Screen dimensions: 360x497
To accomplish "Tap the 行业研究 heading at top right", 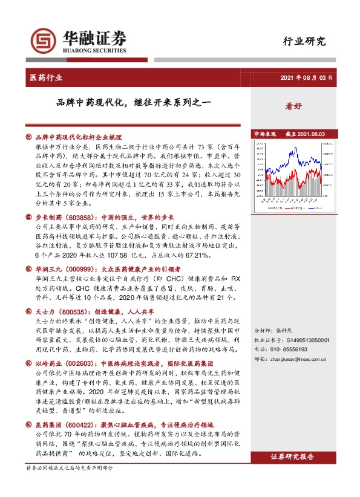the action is (304, 41).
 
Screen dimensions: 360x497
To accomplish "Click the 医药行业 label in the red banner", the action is (46, 78).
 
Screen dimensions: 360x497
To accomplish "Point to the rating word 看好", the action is (293, 105).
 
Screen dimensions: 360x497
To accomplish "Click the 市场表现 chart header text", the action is (264, 134).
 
